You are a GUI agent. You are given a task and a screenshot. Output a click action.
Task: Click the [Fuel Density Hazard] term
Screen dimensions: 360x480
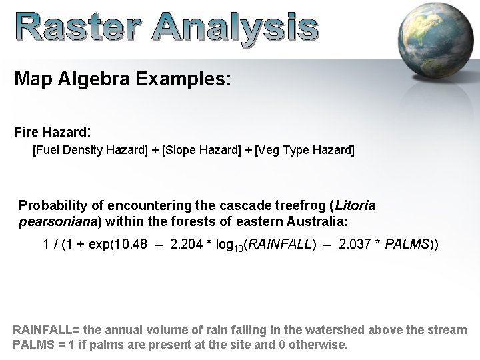pos(91,150)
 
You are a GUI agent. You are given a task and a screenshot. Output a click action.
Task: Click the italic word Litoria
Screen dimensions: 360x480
pos(356,205)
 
